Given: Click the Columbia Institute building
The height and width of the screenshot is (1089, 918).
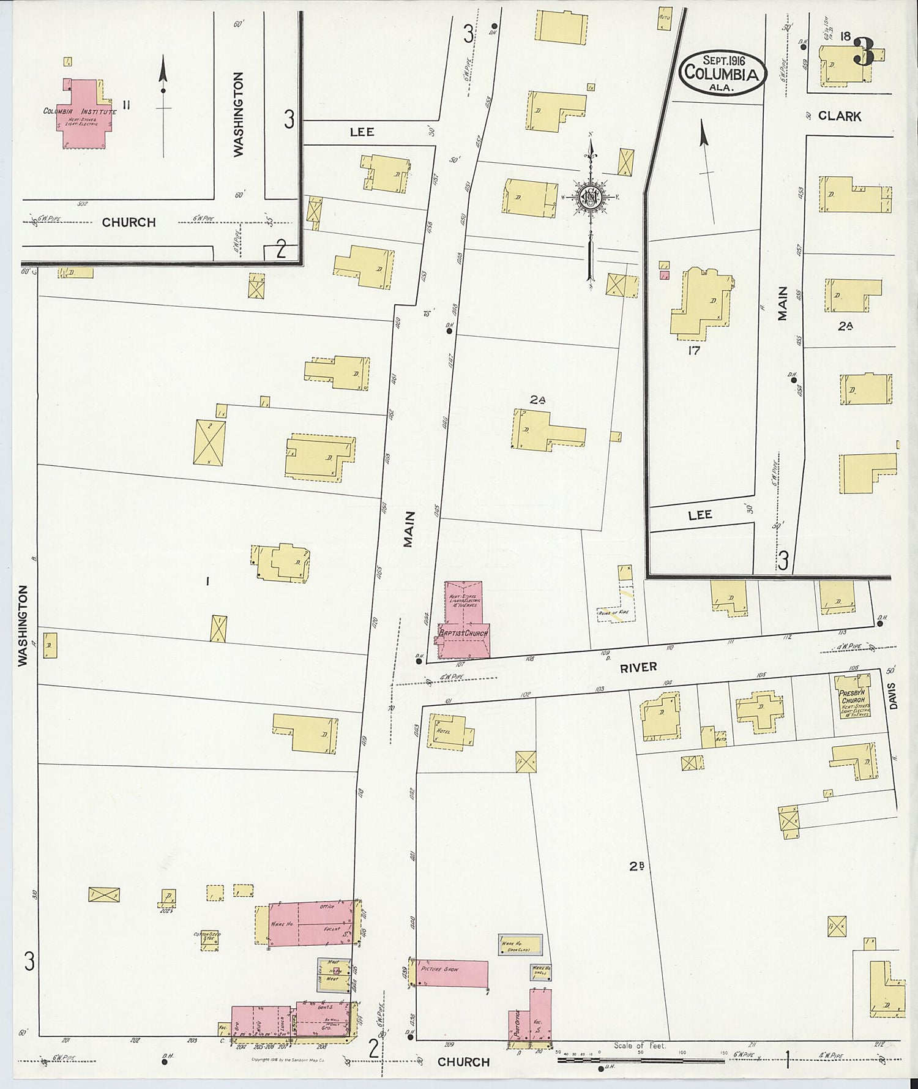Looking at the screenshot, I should pos(83,113).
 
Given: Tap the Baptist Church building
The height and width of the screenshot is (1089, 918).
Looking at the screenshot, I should pos(463,621).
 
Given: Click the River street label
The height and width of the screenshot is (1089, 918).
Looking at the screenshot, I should pos(638,668).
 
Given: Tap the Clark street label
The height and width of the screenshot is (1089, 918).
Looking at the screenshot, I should pos(839,116).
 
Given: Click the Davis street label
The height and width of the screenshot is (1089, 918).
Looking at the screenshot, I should pos(893,696).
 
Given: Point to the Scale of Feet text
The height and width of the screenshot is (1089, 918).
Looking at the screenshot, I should pos(639,1046).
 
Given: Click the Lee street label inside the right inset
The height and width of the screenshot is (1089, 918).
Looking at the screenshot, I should pos(700,515).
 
